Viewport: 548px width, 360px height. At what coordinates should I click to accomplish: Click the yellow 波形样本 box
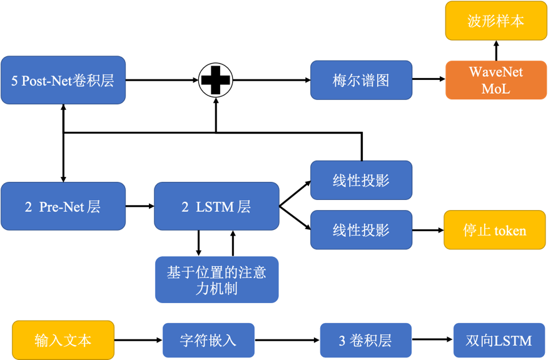tap(495, 21)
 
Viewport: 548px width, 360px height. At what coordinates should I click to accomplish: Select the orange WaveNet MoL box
tap(495, 80)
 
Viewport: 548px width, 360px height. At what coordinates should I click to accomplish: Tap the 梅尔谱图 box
tap(361, 80)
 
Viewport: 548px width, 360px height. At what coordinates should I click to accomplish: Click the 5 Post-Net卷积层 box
tap(63, 80)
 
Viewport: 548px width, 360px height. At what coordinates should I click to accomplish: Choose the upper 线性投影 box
tap(361, 180)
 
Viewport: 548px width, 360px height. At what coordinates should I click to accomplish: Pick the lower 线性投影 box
tap(361, 230)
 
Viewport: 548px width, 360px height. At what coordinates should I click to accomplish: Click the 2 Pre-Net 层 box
tap(63, 206)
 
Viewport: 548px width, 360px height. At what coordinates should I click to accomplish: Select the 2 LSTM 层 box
tap(216, 206)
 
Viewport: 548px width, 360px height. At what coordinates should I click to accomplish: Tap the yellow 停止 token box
tap(494, 230)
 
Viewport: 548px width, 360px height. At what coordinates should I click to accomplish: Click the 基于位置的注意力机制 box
tap(216, 280)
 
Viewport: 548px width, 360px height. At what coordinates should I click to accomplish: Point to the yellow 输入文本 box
tap(63, 340)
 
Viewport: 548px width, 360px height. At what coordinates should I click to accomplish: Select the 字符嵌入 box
tap(208, 340)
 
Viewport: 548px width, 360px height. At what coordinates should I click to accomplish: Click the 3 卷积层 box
tap(365, 340)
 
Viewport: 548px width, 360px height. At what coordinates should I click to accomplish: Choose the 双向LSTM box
tap(499, 340)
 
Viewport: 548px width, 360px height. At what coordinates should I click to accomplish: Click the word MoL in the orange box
tap(495, 89)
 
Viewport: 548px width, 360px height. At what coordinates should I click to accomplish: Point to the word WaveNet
tap(495, 72)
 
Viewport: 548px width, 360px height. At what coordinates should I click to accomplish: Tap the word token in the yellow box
tap(510, 231)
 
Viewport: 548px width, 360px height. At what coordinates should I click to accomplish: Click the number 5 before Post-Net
tap(14, 81)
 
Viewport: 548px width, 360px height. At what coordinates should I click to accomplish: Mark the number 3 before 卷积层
tap(342, 341)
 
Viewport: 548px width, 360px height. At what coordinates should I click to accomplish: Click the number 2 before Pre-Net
tap(28, 207)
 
